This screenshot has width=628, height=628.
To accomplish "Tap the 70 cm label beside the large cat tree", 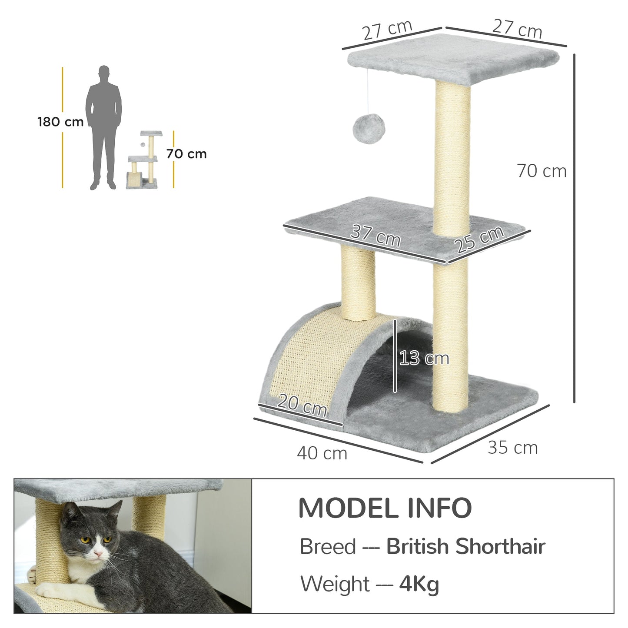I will pyautogui.click(x=542, y=171).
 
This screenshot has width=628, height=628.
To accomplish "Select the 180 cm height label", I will pyautogui.click(x=60, y=122).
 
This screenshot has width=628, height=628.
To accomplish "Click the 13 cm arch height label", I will pyautogui.click(x=424, y=358).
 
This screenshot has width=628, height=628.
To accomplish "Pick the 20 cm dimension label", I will pyautogui.click(x=302, y=405).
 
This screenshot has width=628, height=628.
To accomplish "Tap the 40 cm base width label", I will pyautogui.click(x=322, y=453).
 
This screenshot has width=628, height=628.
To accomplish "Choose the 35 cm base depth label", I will pyautogui.click(x=512, y=447).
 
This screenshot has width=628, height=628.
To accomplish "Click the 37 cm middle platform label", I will pyautogui.click(x=375, y=236).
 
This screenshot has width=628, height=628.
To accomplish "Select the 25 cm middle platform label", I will pyautogui.click(x=480, y=239).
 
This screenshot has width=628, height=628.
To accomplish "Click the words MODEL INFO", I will pyautogui.click(x=385, y=508).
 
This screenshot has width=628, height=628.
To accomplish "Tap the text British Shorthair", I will pyautogui.click(x=465, y=546).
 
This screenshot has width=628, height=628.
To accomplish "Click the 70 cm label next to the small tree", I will pyautogui.click(x=186, y=154).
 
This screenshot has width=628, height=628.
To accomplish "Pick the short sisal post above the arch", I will pyautogui.click(x=358, y=282).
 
